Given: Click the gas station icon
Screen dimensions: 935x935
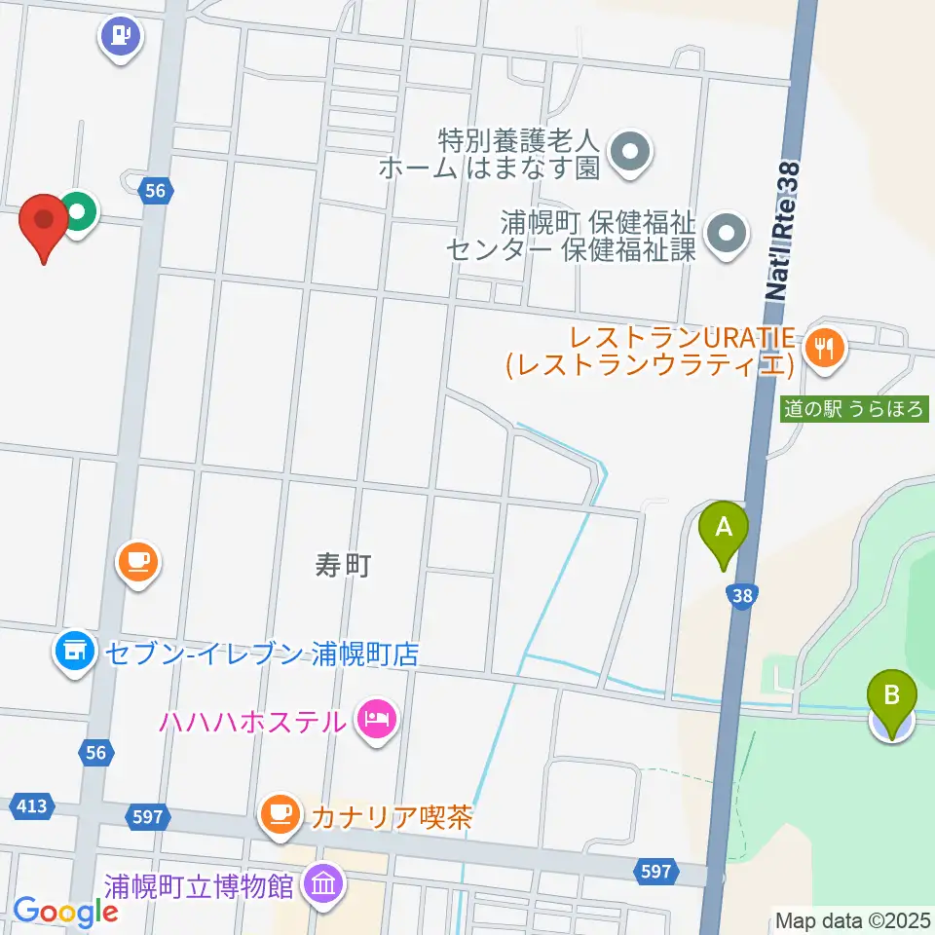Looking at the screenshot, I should click(122, 37).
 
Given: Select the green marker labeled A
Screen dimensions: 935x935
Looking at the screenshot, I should click(724, 530).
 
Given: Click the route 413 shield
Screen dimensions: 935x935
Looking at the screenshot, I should click(30, 806).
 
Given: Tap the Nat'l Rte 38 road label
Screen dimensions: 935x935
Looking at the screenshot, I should click(785, 230).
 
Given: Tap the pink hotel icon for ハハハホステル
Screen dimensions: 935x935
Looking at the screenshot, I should click(377, 721).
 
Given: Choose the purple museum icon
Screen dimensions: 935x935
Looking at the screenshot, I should click(320, 884).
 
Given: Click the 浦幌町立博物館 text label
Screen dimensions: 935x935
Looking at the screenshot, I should click(199, 887).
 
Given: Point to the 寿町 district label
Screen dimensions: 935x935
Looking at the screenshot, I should click(344, 564).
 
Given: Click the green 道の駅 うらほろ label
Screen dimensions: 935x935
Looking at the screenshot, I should click(854, 410).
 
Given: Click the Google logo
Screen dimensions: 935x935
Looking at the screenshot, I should click(66, 911).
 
